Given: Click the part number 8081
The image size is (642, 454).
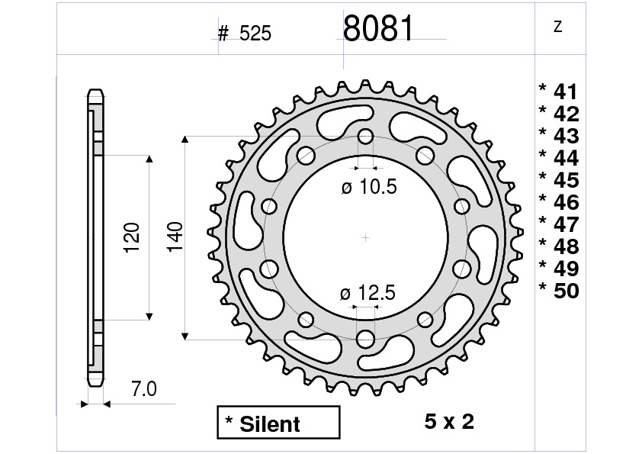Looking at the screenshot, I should pyautogui.click(x=378, y=29).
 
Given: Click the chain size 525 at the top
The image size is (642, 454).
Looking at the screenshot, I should pyautogui.click(x=255, y=34).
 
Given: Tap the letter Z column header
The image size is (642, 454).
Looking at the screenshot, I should pyautogui.click(x=557, y=27).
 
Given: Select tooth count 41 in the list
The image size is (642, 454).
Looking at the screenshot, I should pyautogui.click(x=565, y=92).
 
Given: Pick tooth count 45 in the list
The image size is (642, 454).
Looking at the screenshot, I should pyautogui.click(x=565, y=181).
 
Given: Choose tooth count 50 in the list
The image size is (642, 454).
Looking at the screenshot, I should pyautogui.click(x=565, y=291).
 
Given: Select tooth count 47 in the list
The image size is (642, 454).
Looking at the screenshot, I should pyautogui.click(x=565, y=225).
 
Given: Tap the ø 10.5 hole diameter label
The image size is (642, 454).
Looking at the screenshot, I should pyautogui.click(x=369, y=187).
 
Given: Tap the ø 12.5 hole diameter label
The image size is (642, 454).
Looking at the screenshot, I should pyautogui.click(x=369, y=292).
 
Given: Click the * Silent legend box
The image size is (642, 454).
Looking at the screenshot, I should pyautogui.click(x=278, y=423).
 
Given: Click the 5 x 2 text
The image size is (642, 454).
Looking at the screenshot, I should pyautogui.click(x=448, y=421).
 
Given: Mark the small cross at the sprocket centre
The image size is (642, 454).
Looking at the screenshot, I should pyautogui.click(x=365, y=237).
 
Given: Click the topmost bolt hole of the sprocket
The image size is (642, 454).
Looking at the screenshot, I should pyautogui.click(x=365, y=137).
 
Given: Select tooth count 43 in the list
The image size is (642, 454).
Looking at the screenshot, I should pyautogui.click(x=565, y=137).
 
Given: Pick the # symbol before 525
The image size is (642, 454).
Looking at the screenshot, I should pyautogui.click(x=223, y=34).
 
